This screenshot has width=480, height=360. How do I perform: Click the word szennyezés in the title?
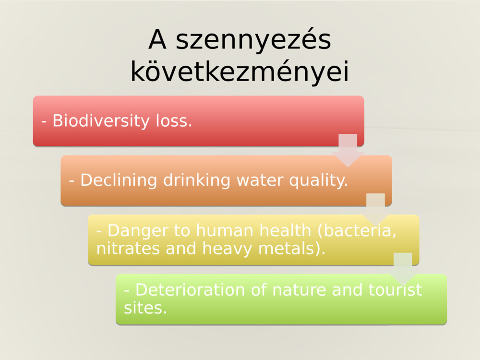pos(253,41)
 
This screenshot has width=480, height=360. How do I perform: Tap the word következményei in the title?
pos(240,72)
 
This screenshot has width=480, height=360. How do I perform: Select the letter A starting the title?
pos(157,40)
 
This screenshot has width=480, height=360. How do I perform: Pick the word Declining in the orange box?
pos(119,180)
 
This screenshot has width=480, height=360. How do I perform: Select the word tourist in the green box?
pos(395,290)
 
